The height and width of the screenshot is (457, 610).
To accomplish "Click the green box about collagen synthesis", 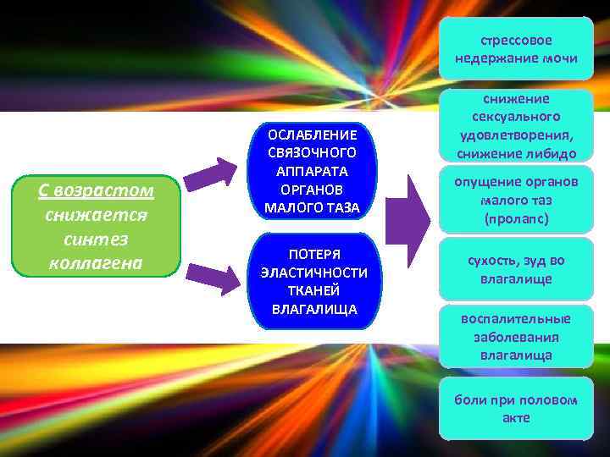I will pyautogui.click(x=97, y=226).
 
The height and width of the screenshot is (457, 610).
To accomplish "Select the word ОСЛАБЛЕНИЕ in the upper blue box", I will pyautogui.click(x=312, y=135).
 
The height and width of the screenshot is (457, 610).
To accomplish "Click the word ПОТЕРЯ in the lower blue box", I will pyautogui.click(x=314, y=255).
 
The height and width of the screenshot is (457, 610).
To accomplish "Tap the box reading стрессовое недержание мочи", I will pyautogui.click(x=516, y=50).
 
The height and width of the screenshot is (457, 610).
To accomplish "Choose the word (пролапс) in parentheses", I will pyautogui.click(x=516, y=218).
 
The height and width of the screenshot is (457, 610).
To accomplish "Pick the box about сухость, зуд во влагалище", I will pyautogui.click(x=516, y=270).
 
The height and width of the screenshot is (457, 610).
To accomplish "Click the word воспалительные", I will pyautogui.click(x=516, y=319).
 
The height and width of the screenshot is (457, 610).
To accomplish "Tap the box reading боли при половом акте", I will pyautogui.click(x=516, y=408).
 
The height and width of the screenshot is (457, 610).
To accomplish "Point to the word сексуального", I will pyautogui.click(x=516, y=117).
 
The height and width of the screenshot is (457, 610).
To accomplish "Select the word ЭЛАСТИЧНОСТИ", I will pyautogui.click(x=314, y=273).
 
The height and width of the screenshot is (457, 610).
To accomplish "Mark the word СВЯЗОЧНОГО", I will pyautogui.click(x=312, y=153).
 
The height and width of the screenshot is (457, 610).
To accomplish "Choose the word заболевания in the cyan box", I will pyautogui.click(x=516, y=337).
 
